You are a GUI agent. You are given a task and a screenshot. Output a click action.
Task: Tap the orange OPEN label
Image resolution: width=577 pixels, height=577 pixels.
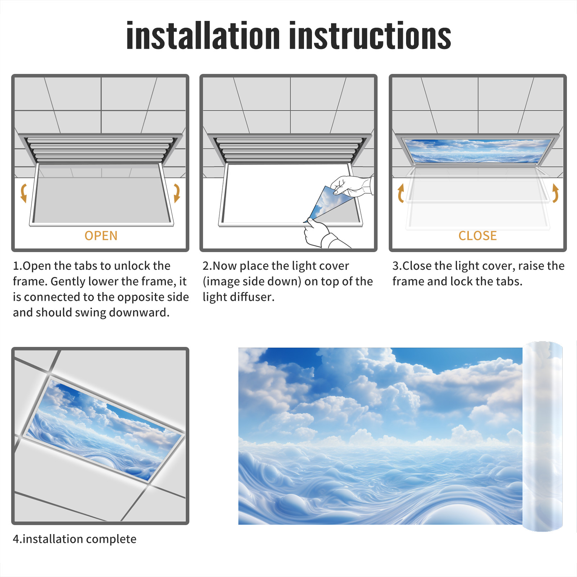pos(101,236)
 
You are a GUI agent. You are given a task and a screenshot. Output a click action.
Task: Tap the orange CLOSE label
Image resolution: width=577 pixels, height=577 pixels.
pos(477,236)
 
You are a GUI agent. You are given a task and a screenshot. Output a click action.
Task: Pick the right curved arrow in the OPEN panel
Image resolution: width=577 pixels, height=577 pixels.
pos(177,193)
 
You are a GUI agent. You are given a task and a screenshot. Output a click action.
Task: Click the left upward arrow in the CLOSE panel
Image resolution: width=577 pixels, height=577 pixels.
pos(400,193)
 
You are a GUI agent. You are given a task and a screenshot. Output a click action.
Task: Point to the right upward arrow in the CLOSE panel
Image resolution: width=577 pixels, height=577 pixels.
pos(555,193)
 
